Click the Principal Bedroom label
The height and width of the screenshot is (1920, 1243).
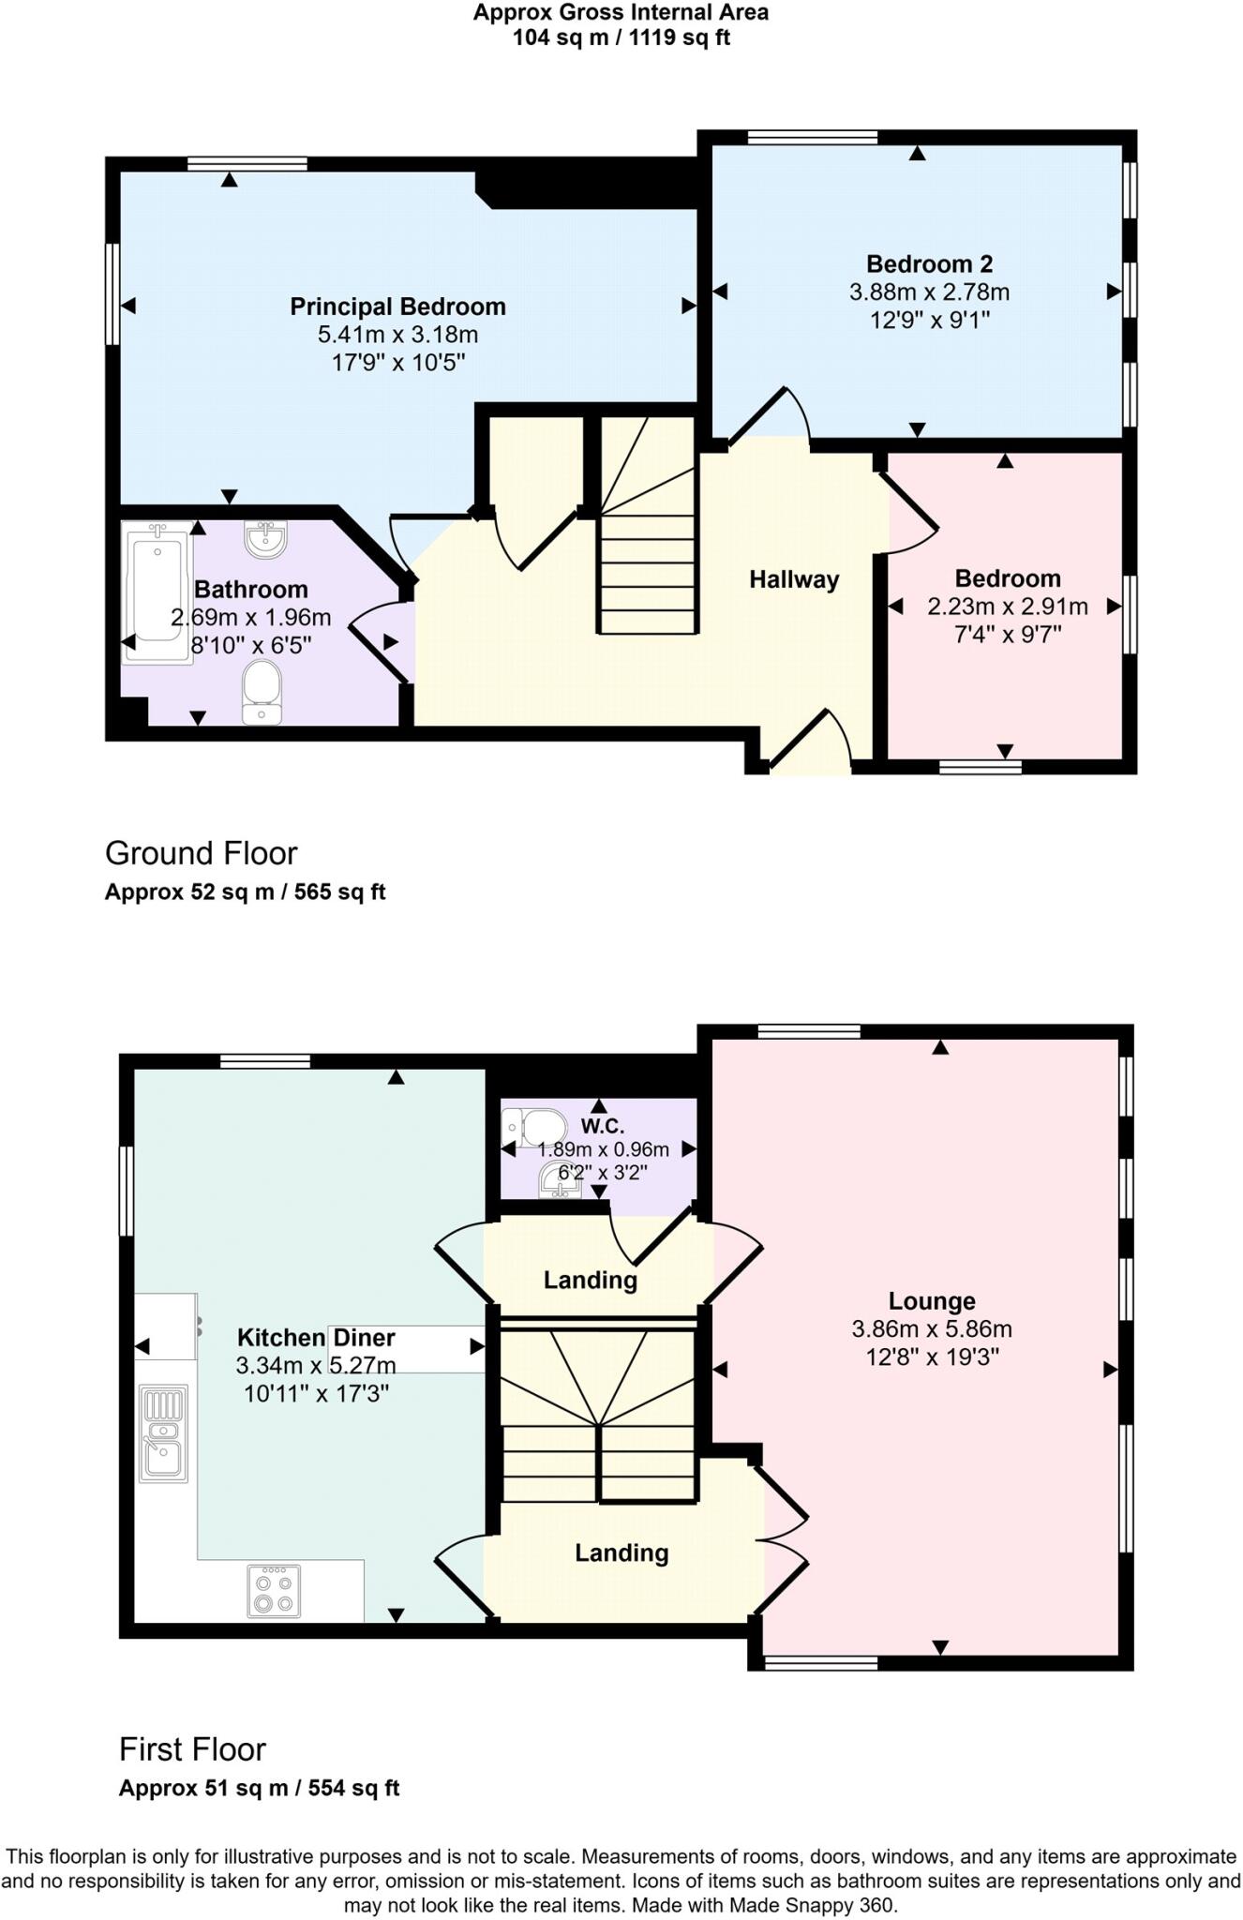pos(397,307)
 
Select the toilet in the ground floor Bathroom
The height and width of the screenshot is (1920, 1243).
pos(262,692)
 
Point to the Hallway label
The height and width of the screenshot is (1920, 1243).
pos(793,579)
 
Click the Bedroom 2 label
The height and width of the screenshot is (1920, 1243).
pos(929,263)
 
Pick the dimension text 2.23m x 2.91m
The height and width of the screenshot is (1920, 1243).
pos(1008,607)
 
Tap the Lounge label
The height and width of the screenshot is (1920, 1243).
pos(931,1300)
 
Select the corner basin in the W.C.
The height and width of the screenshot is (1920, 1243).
pos(561,1180)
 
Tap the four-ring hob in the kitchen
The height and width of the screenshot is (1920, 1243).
pos(274,1591)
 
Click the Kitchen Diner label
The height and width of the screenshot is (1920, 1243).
pos(316,1338)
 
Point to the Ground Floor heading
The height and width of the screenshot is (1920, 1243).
pos(201,853)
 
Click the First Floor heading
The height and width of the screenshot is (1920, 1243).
pos(192,1749)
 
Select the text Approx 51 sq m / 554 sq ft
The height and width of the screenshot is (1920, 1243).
pos(259,1788)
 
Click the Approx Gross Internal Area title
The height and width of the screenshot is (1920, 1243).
pos(621,12)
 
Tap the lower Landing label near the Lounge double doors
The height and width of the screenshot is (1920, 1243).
pos(621,1553)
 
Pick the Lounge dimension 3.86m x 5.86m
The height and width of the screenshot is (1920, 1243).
pos(931,1328)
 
